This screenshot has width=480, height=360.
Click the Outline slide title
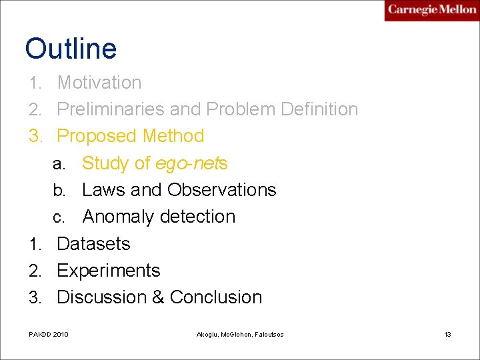pos(71,49)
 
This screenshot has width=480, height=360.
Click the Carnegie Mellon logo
pos(432,10)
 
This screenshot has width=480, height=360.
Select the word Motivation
pos(99,83)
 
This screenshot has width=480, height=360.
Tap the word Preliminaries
pos(110,109)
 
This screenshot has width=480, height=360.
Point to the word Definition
pos(317,109)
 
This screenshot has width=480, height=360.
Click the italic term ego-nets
pos(191,163)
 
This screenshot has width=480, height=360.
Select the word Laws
pos(103,190)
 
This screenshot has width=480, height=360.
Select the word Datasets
pos(93,244)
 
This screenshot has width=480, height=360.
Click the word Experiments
pos(109,271)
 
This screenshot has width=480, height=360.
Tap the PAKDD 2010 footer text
pos(49,334)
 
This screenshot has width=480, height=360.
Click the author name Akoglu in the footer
pos(209,334)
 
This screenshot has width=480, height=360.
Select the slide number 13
pos(448,334)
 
